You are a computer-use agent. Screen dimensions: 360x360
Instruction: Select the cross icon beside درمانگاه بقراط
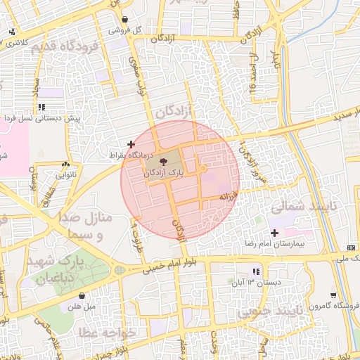(131, 144)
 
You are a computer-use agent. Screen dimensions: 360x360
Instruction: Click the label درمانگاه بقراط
(127, 154)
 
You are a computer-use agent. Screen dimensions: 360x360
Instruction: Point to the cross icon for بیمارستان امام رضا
(274, 233)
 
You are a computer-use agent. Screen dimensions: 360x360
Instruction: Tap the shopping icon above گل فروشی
(124, 20)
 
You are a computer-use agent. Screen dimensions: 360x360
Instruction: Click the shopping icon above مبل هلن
(83, 296)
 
